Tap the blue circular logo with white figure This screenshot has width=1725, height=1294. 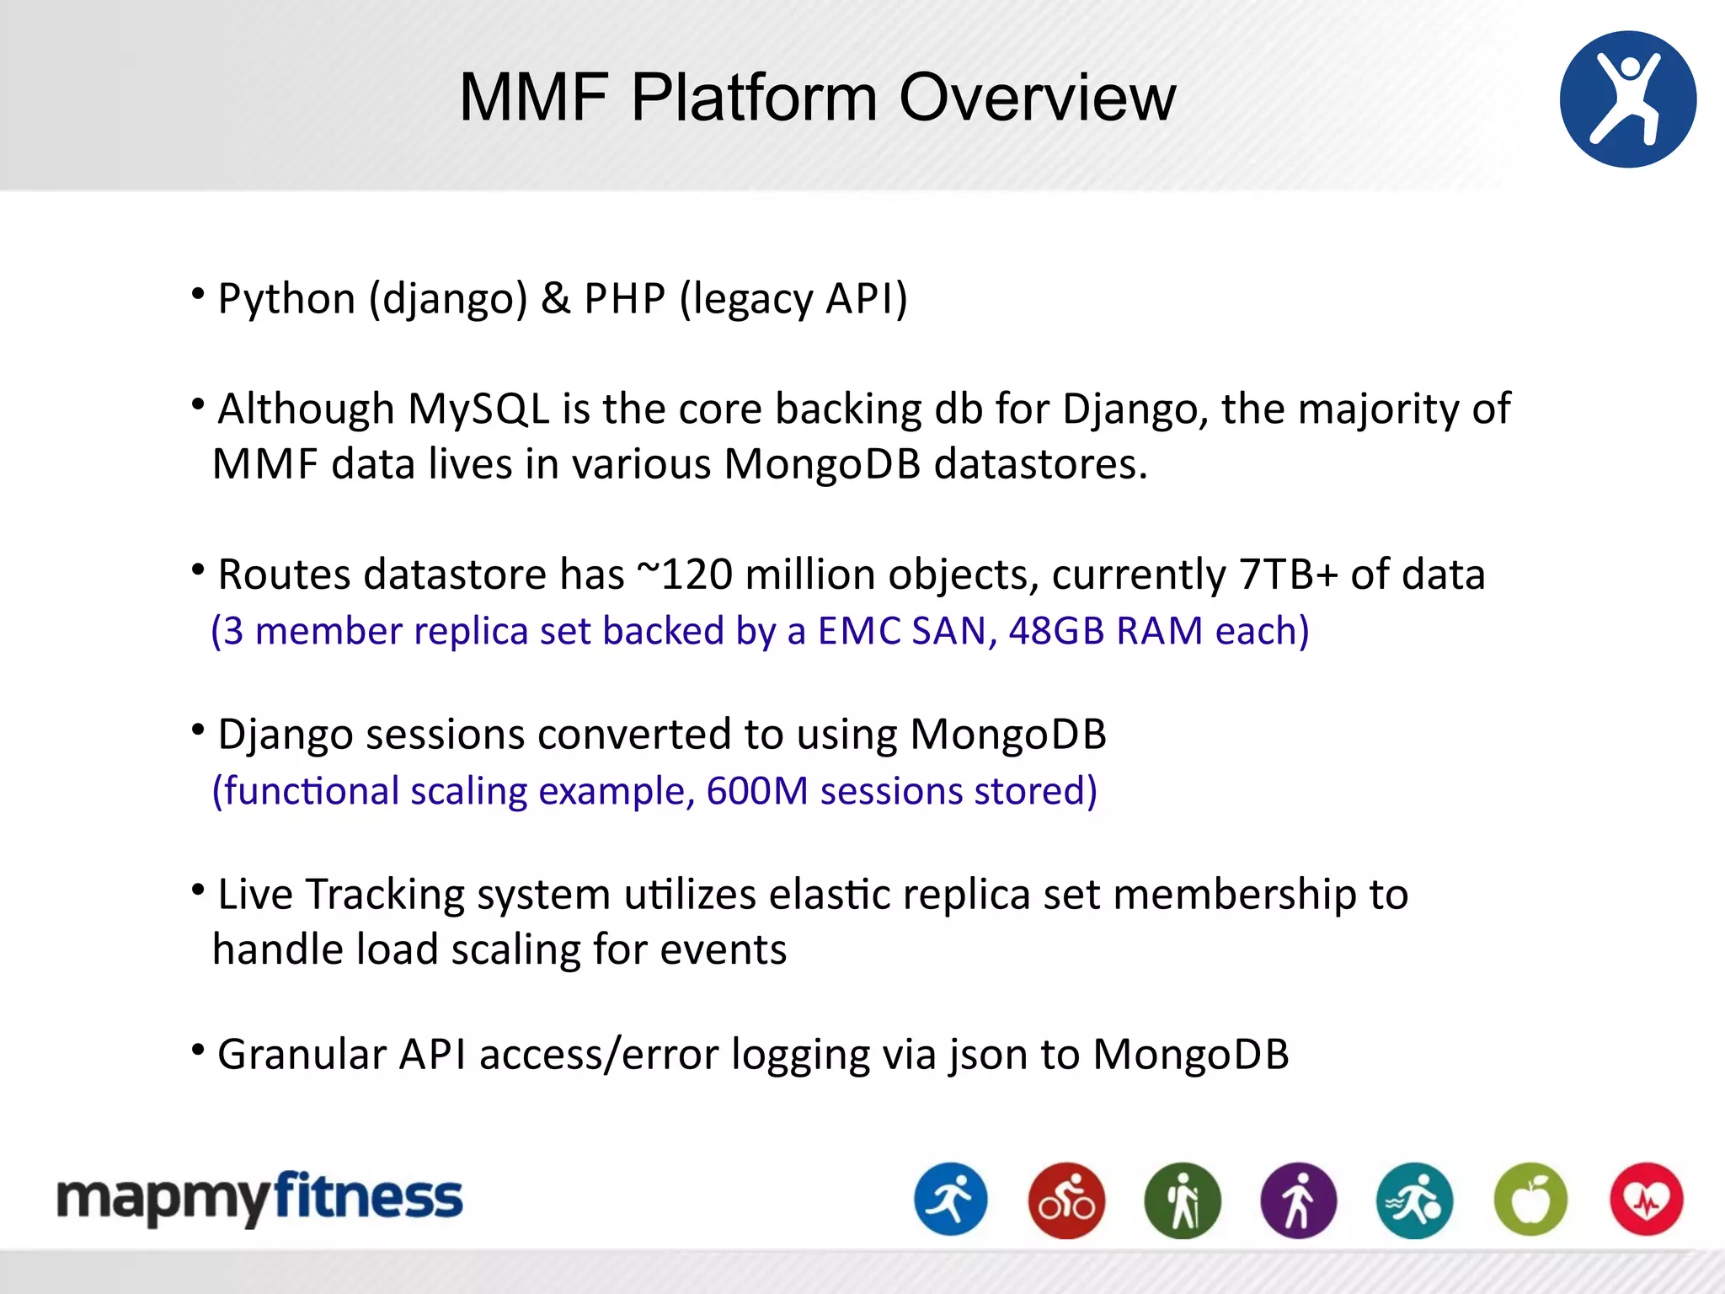tap(1627, 99)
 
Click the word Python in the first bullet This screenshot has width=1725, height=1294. tap(286, 299)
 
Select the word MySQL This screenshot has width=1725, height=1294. tap(478, 409)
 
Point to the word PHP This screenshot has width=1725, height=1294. tap(624, 299)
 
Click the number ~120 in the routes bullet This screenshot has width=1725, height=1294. tap(684, 575)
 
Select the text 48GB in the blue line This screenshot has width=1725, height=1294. tap(1056, 631)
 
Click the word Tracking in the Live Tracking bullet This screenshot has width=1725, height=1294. tap(385, 895)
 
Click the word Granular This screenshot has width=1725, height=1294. tap(302, 1055)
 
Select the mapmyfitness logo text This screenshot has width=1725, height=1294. tap(259, 1198)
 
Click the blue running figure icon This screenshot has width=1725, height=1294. tap(950, 1200)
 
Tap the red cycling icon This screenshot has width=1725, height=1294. tap(1066, 1200)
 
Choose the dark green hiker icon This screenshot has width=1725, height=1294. tap(1183, 1200)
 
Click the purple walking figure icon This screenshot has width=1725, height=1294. tap(1298, 1200)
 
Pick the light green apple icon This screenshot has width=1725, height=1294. tap(1530, 1200)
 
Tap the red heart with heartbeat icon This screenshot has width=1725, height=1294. tap(1646, 1200)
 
